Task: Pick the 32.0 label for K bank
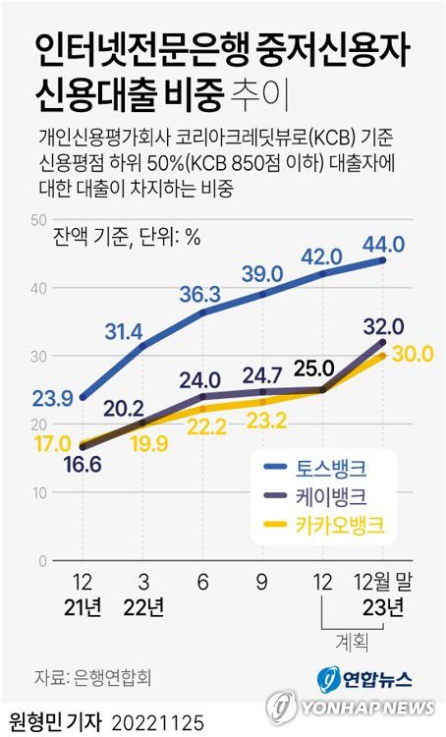[383, 326]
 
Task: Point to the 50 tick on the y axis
[39, 219]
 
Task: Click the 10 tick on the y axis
[39, 491]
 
